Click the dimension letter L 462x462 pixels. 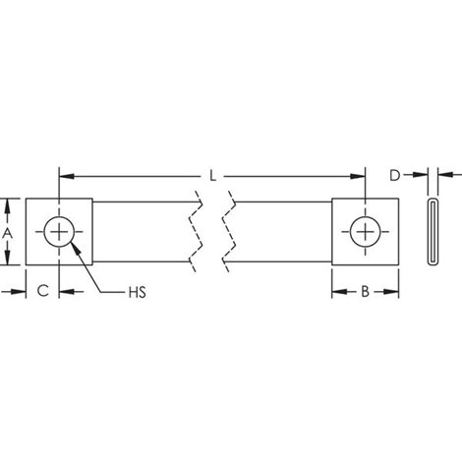coord(213,176)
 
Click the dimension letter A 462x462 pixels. coord(7,234)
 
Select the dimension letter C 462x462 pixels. coord(43,290)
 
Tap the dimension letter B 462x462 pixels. coord(365,291)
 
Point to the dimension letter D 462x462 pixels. coord(395,175)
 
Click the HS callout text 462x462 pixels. coord(138,292)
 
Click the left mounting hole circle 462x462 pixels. coord(59,232)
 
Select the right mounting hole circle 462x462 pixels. coord(365,232)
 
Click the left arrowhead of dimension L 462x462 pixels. coord(67,176)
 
